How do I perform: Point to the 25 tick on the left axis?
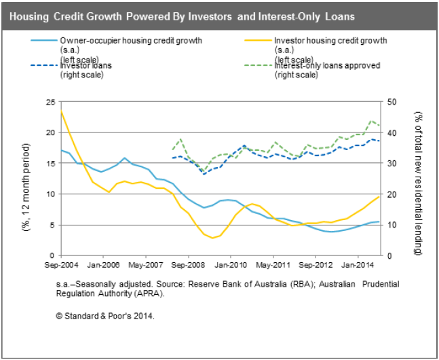pyautogui.click(x=50, y=102)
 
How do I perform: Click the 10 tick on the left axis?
pyautogui.click(x=50, y=194)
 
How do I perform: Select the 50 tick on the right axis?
pyautogui.click(x=392, y=102)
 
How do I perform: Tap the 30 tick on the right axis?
pyautogui.click(x=392, y=164)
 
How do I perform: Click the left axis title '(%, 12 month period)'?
pyautogui.click(x=26, y=179)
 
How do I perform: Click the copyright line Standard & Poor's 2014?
pyautogui.click(x=105, y=315)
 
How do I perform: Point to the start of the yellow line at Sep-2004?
pyautogui.click(x=61, y=111)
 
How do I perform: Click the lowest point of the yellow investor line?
pyautogui.click(x=212, y=238)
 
